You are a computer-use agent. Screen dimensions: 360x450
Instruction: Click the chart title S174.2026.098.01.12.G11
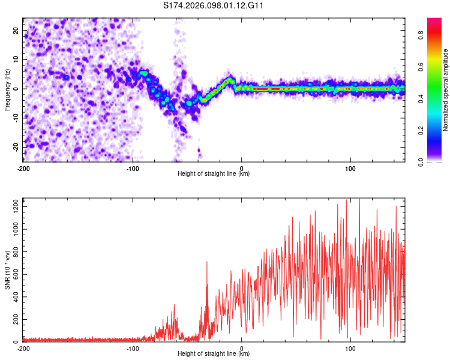tap(214, 5)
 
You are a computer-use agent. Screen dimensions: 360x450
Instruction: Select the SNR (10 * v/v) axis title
tap(7, 269)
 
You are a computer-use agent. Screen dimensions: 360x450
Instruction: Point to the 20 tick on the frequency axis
tap(16, 31)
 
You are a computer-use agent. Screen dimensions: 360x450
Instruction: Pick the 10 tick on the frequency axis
tap(16, 59)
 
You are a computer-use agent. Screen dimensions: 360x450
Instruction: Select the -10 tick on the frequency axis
tap(15, 118)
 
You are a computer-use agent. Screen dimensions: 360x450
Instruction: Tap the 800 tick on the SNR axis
tap(14, 252)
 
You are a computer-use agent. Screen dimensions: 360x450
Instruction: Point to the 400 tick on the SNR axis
tap(14, 297)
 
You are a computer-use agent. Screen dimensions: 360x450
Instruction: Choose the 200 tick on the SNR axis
tap(14, 319)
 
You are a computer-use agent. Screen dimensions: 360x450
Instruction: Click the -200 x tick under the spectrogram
tap(23, 167)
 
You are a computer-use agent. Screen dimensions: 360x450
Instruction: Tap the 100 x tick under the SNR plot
tap(350, 348)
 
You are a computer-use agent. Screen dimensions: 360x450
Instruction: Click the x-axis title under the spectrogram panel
tap(214, 173)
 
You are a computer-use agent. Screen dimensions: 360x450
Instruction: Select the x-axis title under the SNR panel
tap(214, 354)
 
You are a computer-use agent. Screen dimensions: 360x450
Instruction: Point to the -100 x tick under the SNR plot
tap(133, 348)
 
